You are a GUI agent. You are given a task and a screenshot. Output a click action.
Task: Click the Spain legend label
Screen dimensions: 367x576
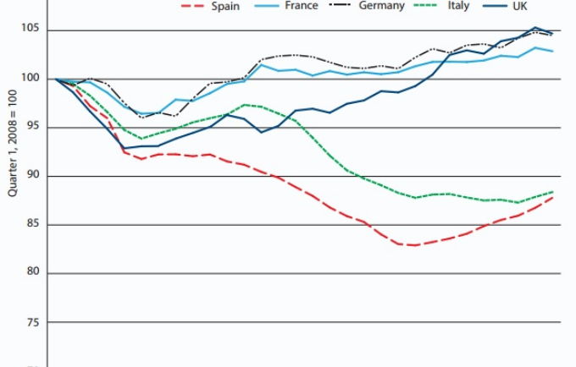(226, 7)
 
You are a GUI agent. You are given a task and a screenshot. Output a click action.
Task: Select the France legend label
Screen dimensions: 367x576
(301, 6)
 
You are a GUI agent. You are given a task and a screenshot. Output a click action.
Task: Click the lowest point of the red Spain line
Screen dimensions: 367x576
(414, 245)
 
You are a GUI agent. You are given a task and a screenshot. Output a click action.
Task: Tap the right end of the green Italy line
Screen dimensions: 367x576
(553, 192)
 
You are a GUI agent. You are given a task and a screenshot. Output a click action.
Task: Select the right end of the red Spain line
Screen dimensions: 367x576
(553, 197)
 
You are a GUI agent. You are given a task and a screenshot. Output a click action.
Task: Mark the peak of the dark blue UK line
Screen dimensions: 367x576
(535, 28)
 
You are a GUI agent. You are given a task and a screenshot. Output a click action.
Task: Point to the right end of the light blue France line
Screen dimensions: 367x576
(553, 52)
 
